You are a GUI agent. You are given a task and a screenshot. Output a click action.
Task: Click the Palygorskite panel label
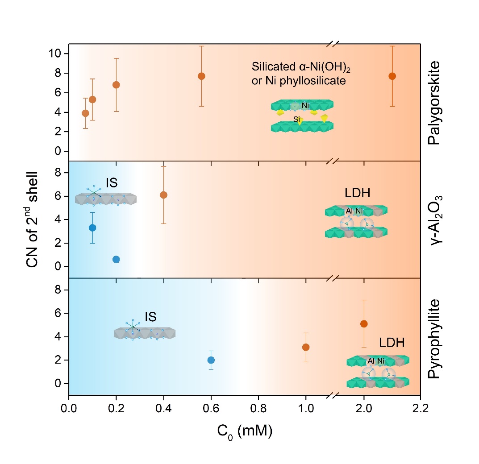[433, 102]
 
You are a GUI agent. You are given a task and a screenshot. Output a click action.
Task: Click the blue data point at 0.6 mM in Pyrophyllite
[211, 360]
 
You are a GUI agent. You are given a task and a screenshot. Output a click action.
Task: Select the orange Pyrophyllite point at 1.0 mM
[306, 347]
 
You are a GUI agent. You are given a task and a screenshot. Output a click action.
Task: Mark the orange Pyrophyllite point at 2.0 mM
[364, 323]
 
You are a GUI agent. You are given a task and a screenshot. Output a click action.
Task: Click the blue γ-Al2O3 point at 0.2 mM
[116, 259]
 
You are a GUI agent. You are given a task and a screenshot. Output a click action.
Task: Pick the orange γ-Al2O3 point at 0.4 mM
[163, 195]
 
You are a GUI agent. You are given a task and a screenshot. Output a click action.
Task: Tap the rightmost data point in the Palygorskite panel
[392, 76]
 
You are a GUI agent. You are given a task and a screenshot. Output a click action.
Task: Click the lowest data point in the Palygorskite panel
[85, 113]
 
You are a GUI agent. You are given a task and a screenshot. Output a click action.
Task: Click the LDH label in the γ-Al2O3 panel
[358, 194]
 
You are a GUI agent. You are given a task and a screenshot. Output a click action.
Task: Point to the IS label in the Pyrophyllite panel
[150, 317]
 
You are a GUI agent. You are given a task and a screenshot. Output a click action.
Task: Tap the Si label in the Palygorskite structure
[296, 119]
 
